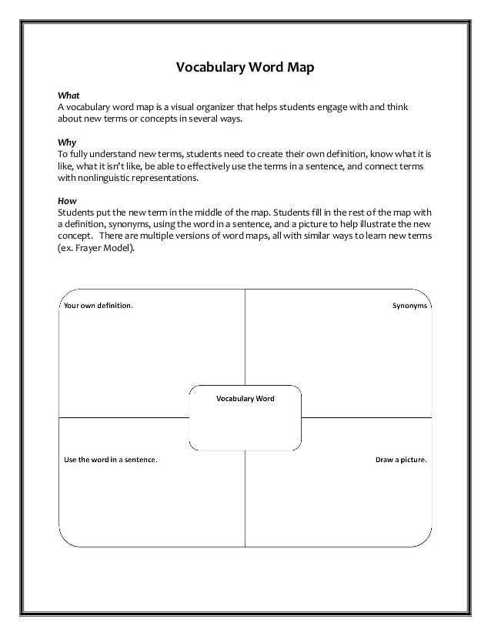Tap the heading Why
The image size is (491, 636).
coord(67,142)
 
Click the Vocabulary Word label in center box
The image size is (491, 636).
coord(245,399)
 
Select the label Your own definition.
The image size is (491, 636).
coord(97,305)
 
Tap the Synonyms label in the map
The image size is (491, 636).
coord(406,305)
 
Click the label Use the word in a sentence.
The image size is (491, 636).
coord(110,460)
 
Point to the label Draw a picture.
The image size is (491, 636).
coord(401,460)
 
